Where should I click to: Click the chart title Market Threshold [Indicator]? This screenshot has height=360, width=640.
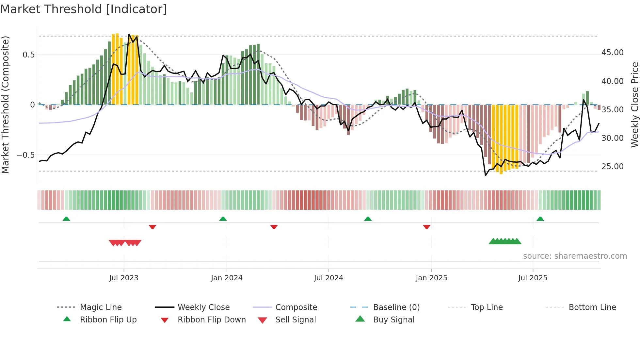[x=84, y=9]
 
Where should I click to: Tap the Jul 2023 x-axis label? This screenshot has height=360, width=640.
[x=124, y=278]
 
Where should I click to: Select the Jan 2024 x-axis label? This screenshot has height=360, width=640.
[x=227, y=278]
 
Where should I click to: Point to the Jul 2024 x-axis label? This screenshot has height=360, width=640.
[x=328, y=278]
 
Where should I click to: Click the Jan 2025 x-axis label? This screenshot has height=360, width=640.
[x=431, y=278]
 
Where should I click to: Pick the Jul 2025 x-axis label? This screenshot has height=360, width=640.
[x=533, y=278]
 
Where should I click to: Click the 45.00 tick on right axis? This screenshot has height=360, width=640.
[x=612, y=53]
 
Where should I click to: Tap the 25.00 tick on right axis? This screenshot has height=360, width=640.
[x=612, y=167]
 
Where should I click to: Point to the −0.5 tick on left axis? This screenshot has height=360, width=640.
[x=26, y=155]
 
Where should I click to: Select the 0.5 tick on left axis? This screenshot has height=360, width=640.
[x=28, y=55]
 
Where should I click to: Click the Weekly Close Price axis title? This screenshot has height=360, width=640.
[x=634, y=105]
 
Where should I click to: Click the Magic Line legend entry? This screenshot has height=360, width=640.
[x=101, y=307]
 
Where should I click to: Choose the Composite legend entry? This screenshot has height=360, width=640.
[x=296, y=307]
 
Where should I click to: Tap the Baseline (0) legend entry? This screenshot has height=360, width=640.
[x=396, y=307]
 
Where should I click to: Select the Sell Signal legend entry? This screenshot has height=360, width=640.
[x=295, y=320]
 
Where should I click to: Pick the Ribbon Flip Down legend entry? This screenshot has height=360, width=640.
[x=211, y=320]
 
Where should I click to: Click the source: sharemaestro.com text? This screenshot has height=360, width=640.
[x=575, y=256]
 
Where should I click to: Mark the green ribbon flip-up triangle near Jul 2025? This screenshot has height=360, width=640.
[x=540, y=219]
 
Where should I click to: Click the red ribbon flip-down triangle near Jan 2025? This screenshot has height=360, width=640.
[x=426, y=227]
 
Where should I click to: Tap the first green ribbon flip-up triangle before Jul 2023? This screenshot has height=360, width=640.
[x=66, y=219]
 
